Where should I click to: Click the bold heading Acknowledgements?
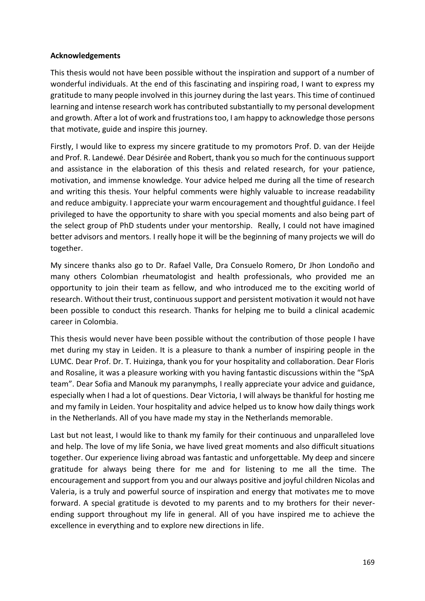pyautogui.click(x=85, y=56)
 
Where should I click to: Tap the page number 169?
pyautogui.click(x=369, y=562)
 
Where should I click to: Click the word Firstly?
pyautogui.click(x=62, y=147)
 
